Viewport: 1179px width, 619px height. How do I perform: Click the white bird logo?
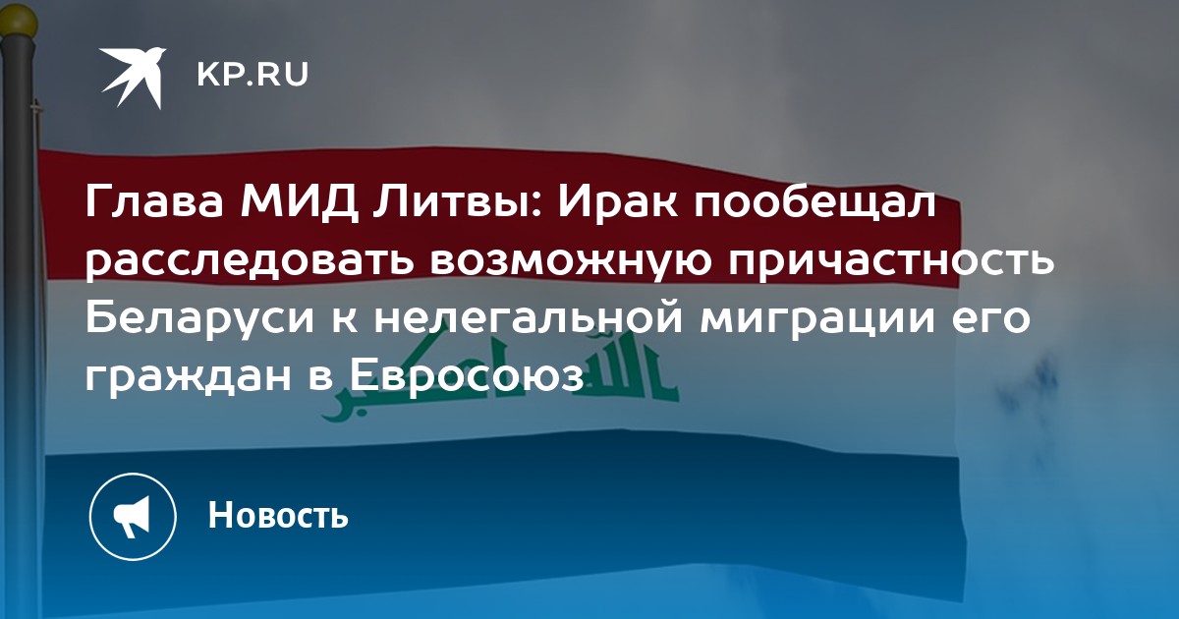[x=135, y=77]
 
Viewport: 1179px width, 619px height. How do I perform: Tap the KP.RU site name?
[x=253, y=75]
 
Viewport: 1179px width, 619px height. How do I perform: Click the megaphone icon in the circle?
[x=133, y=517]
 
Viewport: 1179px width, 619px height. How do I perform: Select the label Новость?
[x=278, y=515]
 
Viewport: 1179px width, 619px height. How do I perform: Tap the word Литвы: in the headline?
[x=454, y=202]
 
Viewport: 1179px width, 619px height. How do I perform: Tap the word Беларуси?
[x=200, y=318]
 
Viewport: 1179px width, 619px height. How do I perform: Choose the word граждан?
[x=189, y=377]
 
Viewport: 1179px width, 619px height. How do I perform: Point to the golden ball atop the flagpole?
[x=19, y=21]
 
